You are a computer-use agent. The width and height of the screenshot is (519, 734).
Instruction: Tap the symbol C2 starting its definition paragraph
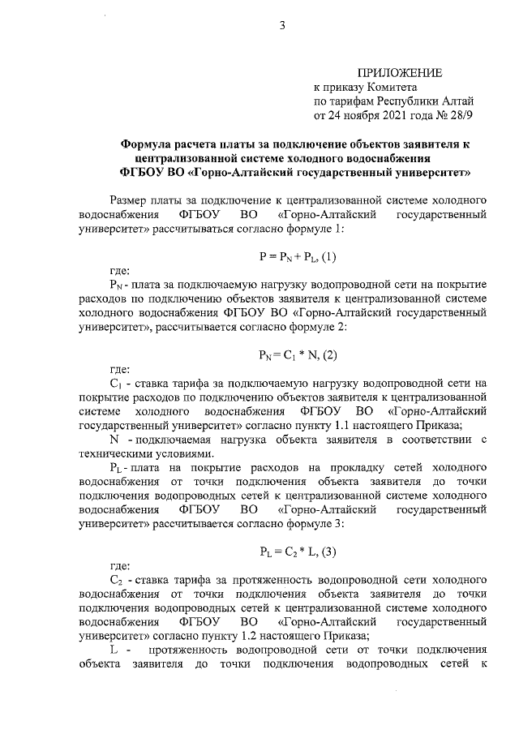[115, 581]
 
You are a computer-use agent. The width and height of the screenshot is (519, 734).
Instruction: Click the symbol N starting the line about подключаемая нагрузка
[114, 440]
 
